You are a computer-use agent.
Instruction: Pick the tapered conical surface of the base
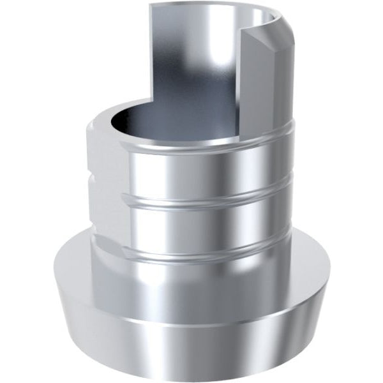[191, 338]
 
